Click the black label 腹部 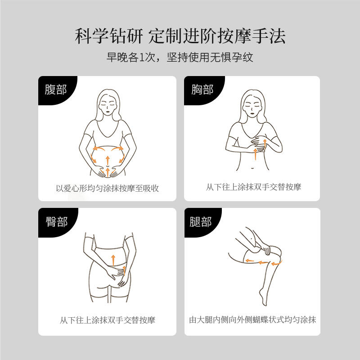tap(55, 90)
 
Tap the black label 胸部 tap(202, 90)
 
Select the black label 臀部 tap(55, 221)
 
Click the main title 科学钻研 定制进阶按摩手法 tap(180, 36)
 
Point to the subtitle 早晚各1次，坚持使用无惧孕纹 tap(180, 58)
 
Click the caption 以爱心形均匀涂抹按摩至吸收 tap(107, 188)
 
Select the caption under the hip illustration tap(107, 320)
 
